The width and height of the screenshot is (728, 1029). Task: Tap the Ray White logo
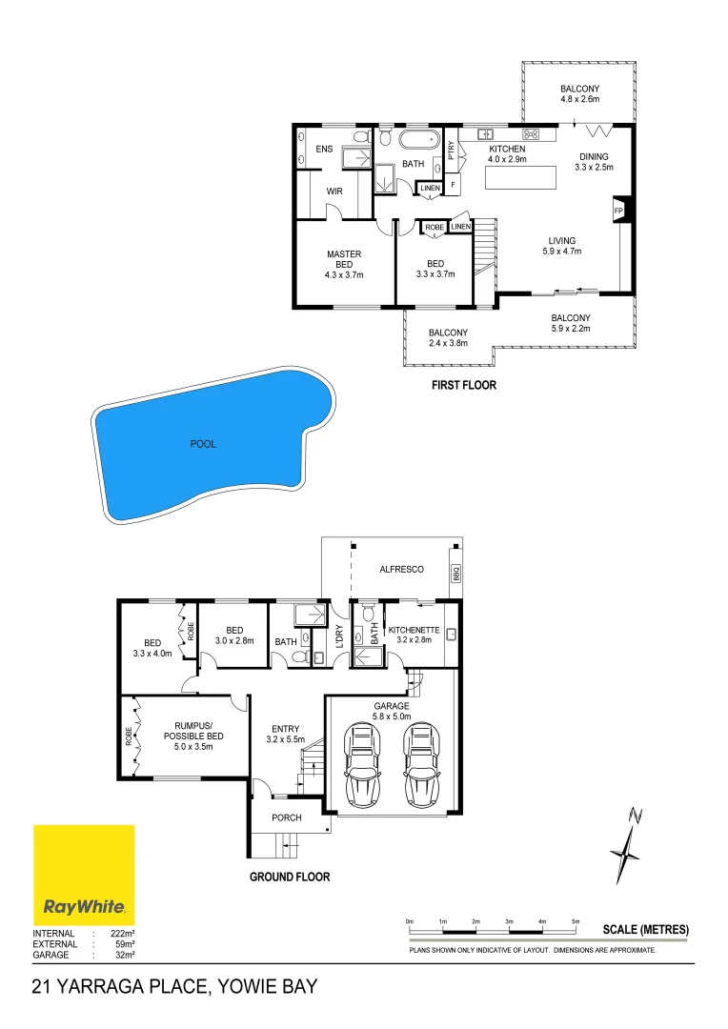point(84,875)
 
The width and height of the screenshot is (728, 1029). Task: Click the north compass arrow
point(627,845)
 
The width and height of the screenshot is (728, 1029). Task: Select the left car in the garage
point(362,765)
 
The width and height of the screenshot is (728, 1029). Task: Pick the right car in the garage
point(421,765)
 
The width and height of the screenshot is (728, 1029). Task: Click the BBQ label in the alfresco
point(456,574)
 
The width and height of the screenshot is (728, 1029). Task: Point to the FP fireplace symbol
point(619,211)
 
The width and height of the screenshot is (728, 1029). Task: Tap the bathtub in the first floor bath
point(419,139)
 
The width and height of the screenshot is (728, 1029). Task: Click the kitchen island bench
point(520,177)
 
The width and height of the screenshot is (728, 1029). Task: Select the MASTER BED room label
point(344,259)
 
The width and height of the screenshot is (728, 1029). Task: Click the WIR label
point(334,192)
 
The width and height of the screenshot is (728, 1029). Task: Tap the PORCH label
point(287,817)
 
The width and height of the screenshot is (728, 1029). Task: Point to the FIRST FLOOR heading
point(463,385)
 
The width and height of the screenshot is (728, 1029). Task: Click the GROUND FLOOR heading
point(290,877)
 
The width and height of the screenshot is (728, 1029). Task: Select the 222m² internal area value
point(123,933)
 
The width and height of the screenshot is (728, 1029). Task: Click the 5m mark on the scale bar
point(575,921)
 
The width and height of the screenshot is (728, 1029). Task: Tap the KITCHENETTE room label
point(414,630)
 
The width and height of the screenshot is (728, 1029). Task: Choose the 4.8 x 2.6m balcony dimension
point(579,99)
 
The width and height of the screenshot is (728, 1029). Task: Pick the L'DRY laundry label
point(339,636)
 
